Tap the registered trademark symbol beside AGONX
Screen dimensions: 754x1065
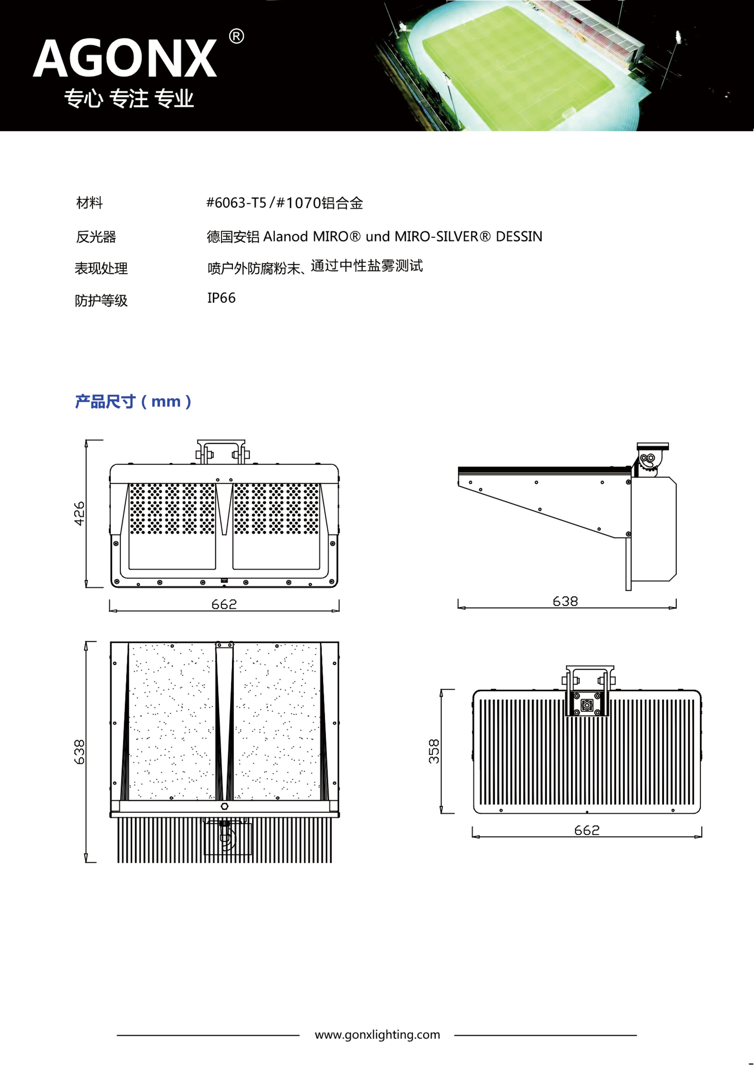pyautogui.click(x=237, y=36)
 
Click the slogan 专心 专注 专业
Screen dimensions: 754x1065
pyautogui.click(x=128, y=99)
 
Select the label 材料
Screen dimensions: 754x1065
pyautogui.click(x=90, y=203)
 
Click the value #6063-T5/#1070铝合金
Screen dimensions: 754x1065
pyautogui.click(x=285, y=203)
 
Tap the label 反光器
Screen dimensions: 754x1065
pyautogui.click(x=96, y=237)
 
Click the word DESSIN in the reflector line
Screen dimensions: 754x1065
pyautogui.click(x=519, y=237)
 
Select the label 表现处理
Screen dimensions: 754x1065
pyautogui.click(x=101, y=268)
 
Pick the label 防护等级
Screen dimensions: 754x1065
pyautogui.click(x=101, y=301)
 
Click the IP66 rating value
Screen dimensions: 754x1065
pyautogui.click(x=221, y=298)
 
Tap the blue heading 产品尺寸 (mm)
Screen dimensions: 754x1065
pyautogui.click(x=133, y=401)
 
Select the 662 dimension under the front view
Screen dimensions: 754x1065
pyautogui.click(x=224, y=604)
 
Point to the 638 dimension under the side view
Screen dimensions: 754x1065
pyautogui.click(x=565, y=602)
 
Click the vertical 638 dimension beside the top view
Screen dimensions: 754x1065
pyautogui.click(x=79, y=752)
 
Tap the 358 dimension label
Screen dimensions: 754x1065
pyautogui.click(x=434, y=751)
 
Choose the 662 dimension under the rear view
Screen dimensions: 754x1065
pyautogui.click(x=587, y=831)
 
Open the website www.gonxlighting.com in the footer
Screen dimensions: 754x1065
pyautogui.click(x=377, y=1035)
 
